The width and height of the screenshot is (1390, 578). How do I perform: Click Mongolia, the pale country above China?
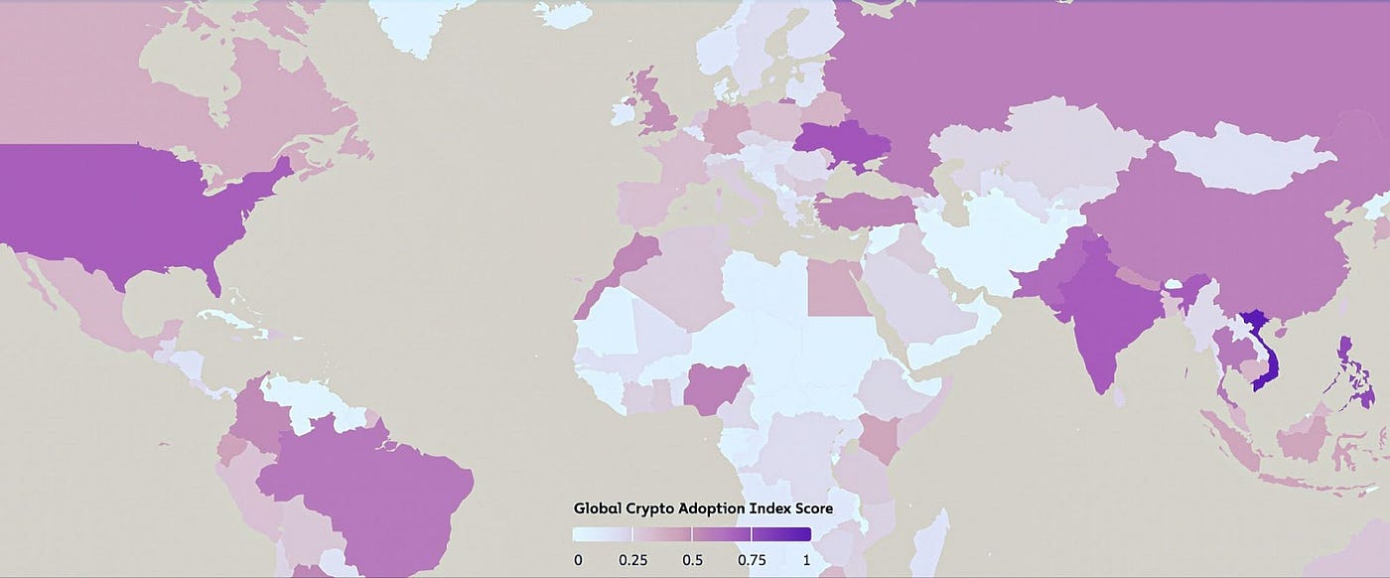tap(1246, 159)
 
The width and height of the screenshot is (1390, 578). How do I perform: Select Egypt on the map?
tap(835, 288)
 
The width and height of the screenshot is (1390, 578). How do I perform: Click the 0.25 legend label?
tap(632, 560)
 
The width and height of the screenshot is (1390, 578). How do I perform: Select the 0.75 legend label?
tap(752, 560)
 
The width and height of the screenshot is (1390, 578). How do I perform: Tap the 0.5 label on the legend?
tap(692, 560)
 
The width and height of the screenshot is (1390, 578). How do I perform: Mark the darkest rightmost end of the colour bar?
tap(805, 534)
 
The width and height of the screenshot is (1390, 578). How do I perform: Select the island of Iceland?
tap(566, 12)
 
